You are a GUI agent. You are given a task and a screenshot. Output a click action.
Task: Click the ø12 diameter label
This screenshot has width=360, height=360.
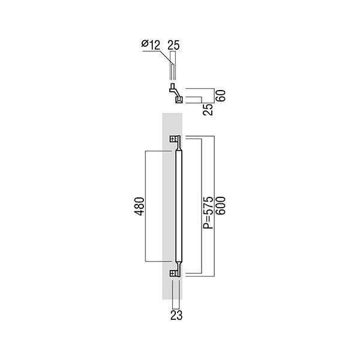(151, 45)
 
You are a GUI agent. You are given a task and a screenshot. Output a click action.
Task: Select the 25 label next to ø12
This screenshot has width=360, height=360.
(174, 45)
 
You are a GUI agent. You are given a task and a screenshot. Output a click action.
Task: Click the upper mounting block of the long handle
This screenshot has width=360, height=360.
(175, 139)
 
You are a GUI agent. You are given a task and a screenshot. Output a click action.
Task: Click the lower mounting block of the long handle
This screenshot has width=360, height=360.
(175, 274)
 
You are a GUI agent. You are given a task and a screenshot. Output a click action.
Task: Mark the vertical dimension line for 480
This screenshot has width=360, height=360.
(146, 206)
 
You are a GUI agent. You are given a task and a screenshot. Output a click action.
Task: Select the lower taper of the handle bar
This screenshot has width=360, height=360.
(179, 265)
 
